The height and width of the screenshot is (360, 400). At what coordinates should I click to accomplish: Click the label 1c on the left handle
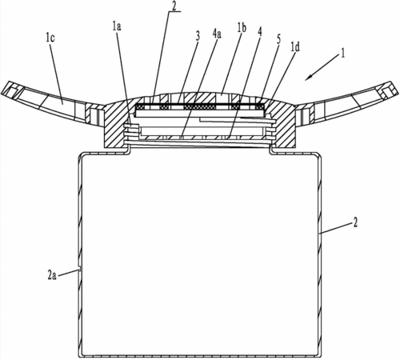tap(50, 38)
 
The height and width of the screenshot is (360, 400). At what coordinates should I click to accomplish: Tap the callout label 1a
tap(117, 26)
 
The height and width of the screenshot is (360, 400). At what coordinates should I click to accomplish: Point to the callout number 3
tap(198, 37)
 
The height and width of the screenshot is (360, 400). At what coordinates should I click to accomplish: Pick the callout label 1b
tap(242, 28)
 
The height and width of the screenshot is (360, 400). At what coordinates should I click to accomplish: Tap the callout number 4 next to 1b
tap(259, 32)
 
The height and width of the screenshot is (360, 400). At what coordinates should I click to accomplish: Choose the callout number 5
tap(278, 40)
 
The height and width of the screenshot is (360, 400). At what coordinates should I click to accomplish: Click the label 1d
tap(295, 47)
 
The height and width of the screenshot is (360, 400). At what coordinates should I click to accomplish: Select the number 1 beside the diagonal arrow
tap(342, 54)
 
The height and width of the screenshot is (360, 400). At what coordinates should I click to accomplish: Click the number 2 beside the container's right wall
tap(355, 222)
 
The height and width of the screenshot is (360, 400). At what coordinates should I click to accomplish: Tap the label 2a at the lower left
tap(52, 275)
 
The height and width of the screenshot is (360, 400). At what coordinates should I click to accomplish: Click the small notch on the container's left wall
tap(79, 268)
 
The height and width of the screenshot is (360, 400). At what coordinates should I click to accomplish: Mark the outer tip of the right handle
tap(398, 92)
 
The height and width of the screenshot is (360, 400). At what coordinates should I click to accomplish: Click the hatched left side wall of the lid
tap(114, 126)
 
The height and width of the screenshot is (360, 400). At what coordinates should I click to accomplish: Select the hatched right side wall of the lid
tap(286, 126)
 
